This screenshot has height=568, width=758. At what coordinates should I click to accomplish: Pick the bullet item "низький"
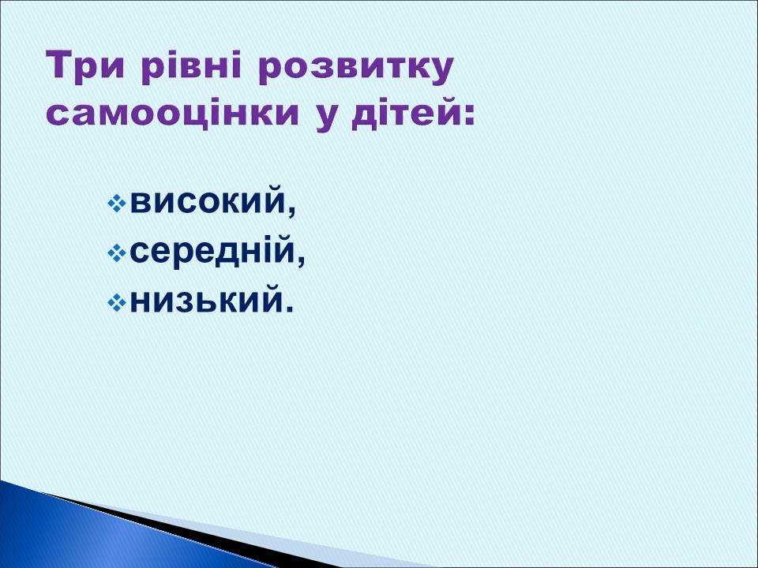pos(205,300)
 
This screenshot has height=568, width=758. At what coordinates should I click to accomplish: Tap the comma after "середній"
pos(301,262)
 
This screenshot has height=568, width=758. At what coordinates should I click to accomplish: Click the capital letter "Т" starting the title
pos(61,67)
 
